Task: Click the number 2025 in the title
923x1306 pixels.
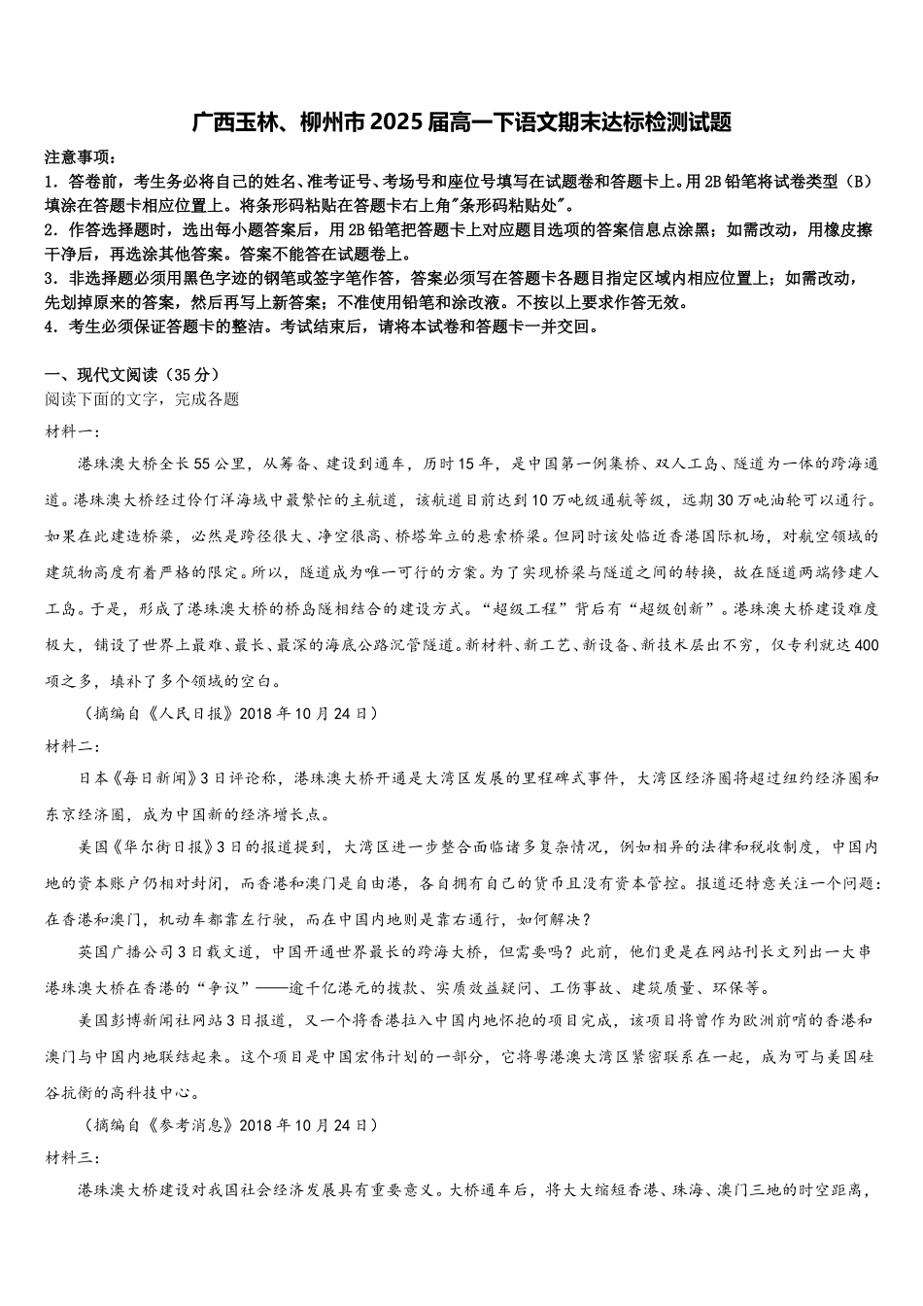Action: coord(392,122)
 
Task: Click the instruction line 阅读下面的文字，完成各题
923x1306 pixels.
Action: coord(142,399)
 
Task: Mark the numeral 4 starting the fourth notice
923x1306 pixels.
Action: coord(50,326)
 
